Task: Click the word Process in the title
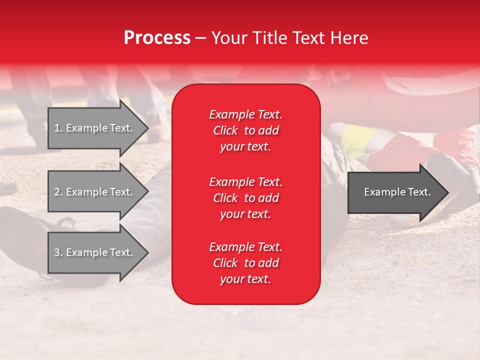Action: tap(157, 38)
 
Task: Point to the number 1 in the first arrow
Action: tap(57, 128)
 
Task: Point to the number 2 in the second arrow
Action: tap(57, 192)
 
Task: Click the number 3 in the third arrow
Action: tap(57, 252)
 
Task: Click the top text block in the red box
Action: tap(245, 130)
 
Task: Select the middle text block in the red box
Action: tap(245, 198)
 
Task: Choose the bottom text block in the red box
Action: tap(245, 263)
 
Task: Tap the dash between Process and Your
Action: tap(201, 38)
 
